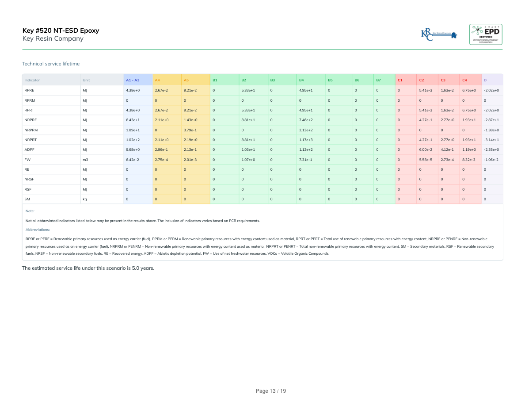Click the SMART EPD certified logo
tap(486, 34)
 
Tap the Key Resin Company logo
tap(439, 34)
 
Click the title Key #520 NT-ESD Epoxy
tap(61, 31)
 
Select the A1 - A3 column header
tap(133, 80)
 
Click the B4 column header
tap(301, 80)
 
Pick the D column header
tap(485, 80)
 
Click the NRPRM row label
tap(30, 130)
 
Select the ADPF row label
tap(29, 150)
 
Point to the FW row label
tap(27, 160)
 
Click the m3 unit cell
tap(85, 160)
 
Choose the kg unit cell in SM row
tap(85, 199)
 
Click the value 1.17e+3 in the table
tap(306, 140)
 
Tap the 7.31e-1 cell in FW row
tap(305, 160)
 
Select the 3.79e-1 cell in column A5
tap(190, 130)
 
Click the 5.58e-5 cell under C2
tap(426, 160)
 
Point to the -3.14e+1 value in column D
tap(491, 140)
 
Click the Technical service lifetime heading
tap(51, 64)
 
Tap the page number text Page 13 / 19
tap(271, 391)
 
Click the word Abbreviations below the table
tap(38, 230)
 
